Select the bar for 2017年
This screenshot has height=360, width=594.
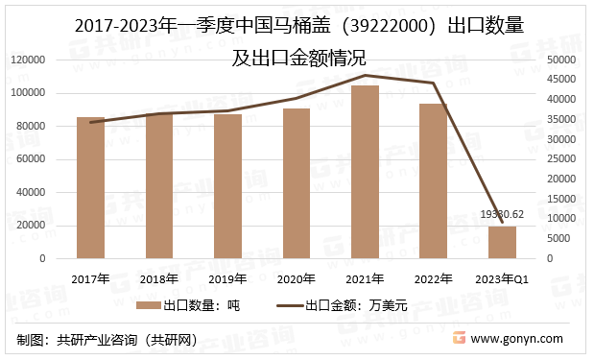90,188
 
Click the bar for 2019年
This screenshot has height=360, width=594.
227,187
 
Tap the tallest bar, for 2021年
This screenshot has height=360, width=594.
365,173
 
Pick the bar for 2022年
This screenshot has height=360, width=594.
433,181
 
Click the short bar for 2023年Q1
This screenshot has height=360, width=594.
502,243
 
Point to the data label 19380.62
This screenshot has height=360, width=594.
502,214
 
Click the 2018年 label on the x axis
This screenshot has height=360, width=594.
159,278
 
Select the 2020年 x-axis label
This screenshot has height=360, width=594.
296,278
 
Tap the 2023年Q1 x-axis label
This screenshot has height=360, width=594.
502,278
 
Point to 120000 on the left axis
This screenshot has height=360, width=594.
30,60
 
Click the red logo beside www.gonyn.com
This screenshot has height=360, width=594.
460,339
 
